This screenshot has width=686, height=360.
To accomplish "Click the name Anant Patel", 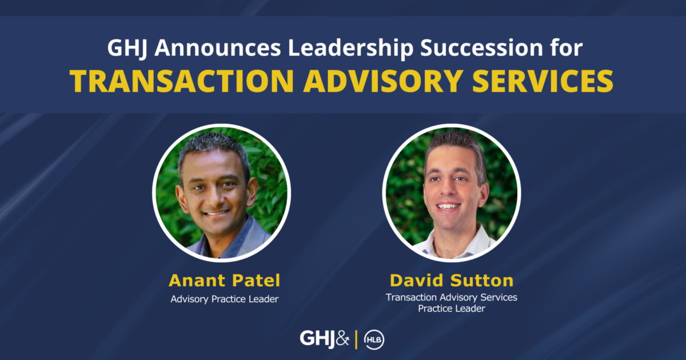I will pyautogui.click(x=224, y=281).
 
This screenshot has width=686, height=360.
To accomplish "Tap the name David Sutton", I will pyautogui.click(x=452, y=281).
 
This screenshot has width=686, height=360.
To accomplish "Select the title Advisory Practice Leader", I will pyautogui.click(x=224, y=299).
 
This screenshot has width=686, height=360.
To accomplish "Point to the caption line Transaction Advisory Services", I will pyautogui.click(x=451, y=297).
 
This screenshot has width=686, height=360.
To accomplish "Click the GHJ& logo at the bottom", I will pyautogui.click(x=324, y=338).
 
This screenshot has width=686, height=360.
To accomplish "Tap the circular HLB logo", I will pyautogui.click(x=374, y=339).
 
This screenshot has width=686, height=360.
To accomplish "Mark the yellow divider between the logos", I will pyautogui.click(x=357, y=339).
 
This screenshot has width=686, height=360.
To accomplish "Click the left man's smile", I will pyautogui.click(x=217, y=213).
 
